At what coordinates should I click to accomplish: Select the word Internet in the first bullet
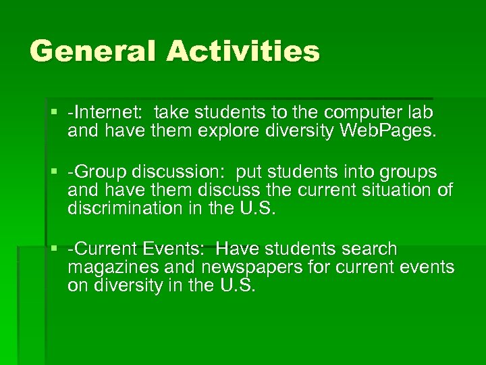click(x=110, y=112)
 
